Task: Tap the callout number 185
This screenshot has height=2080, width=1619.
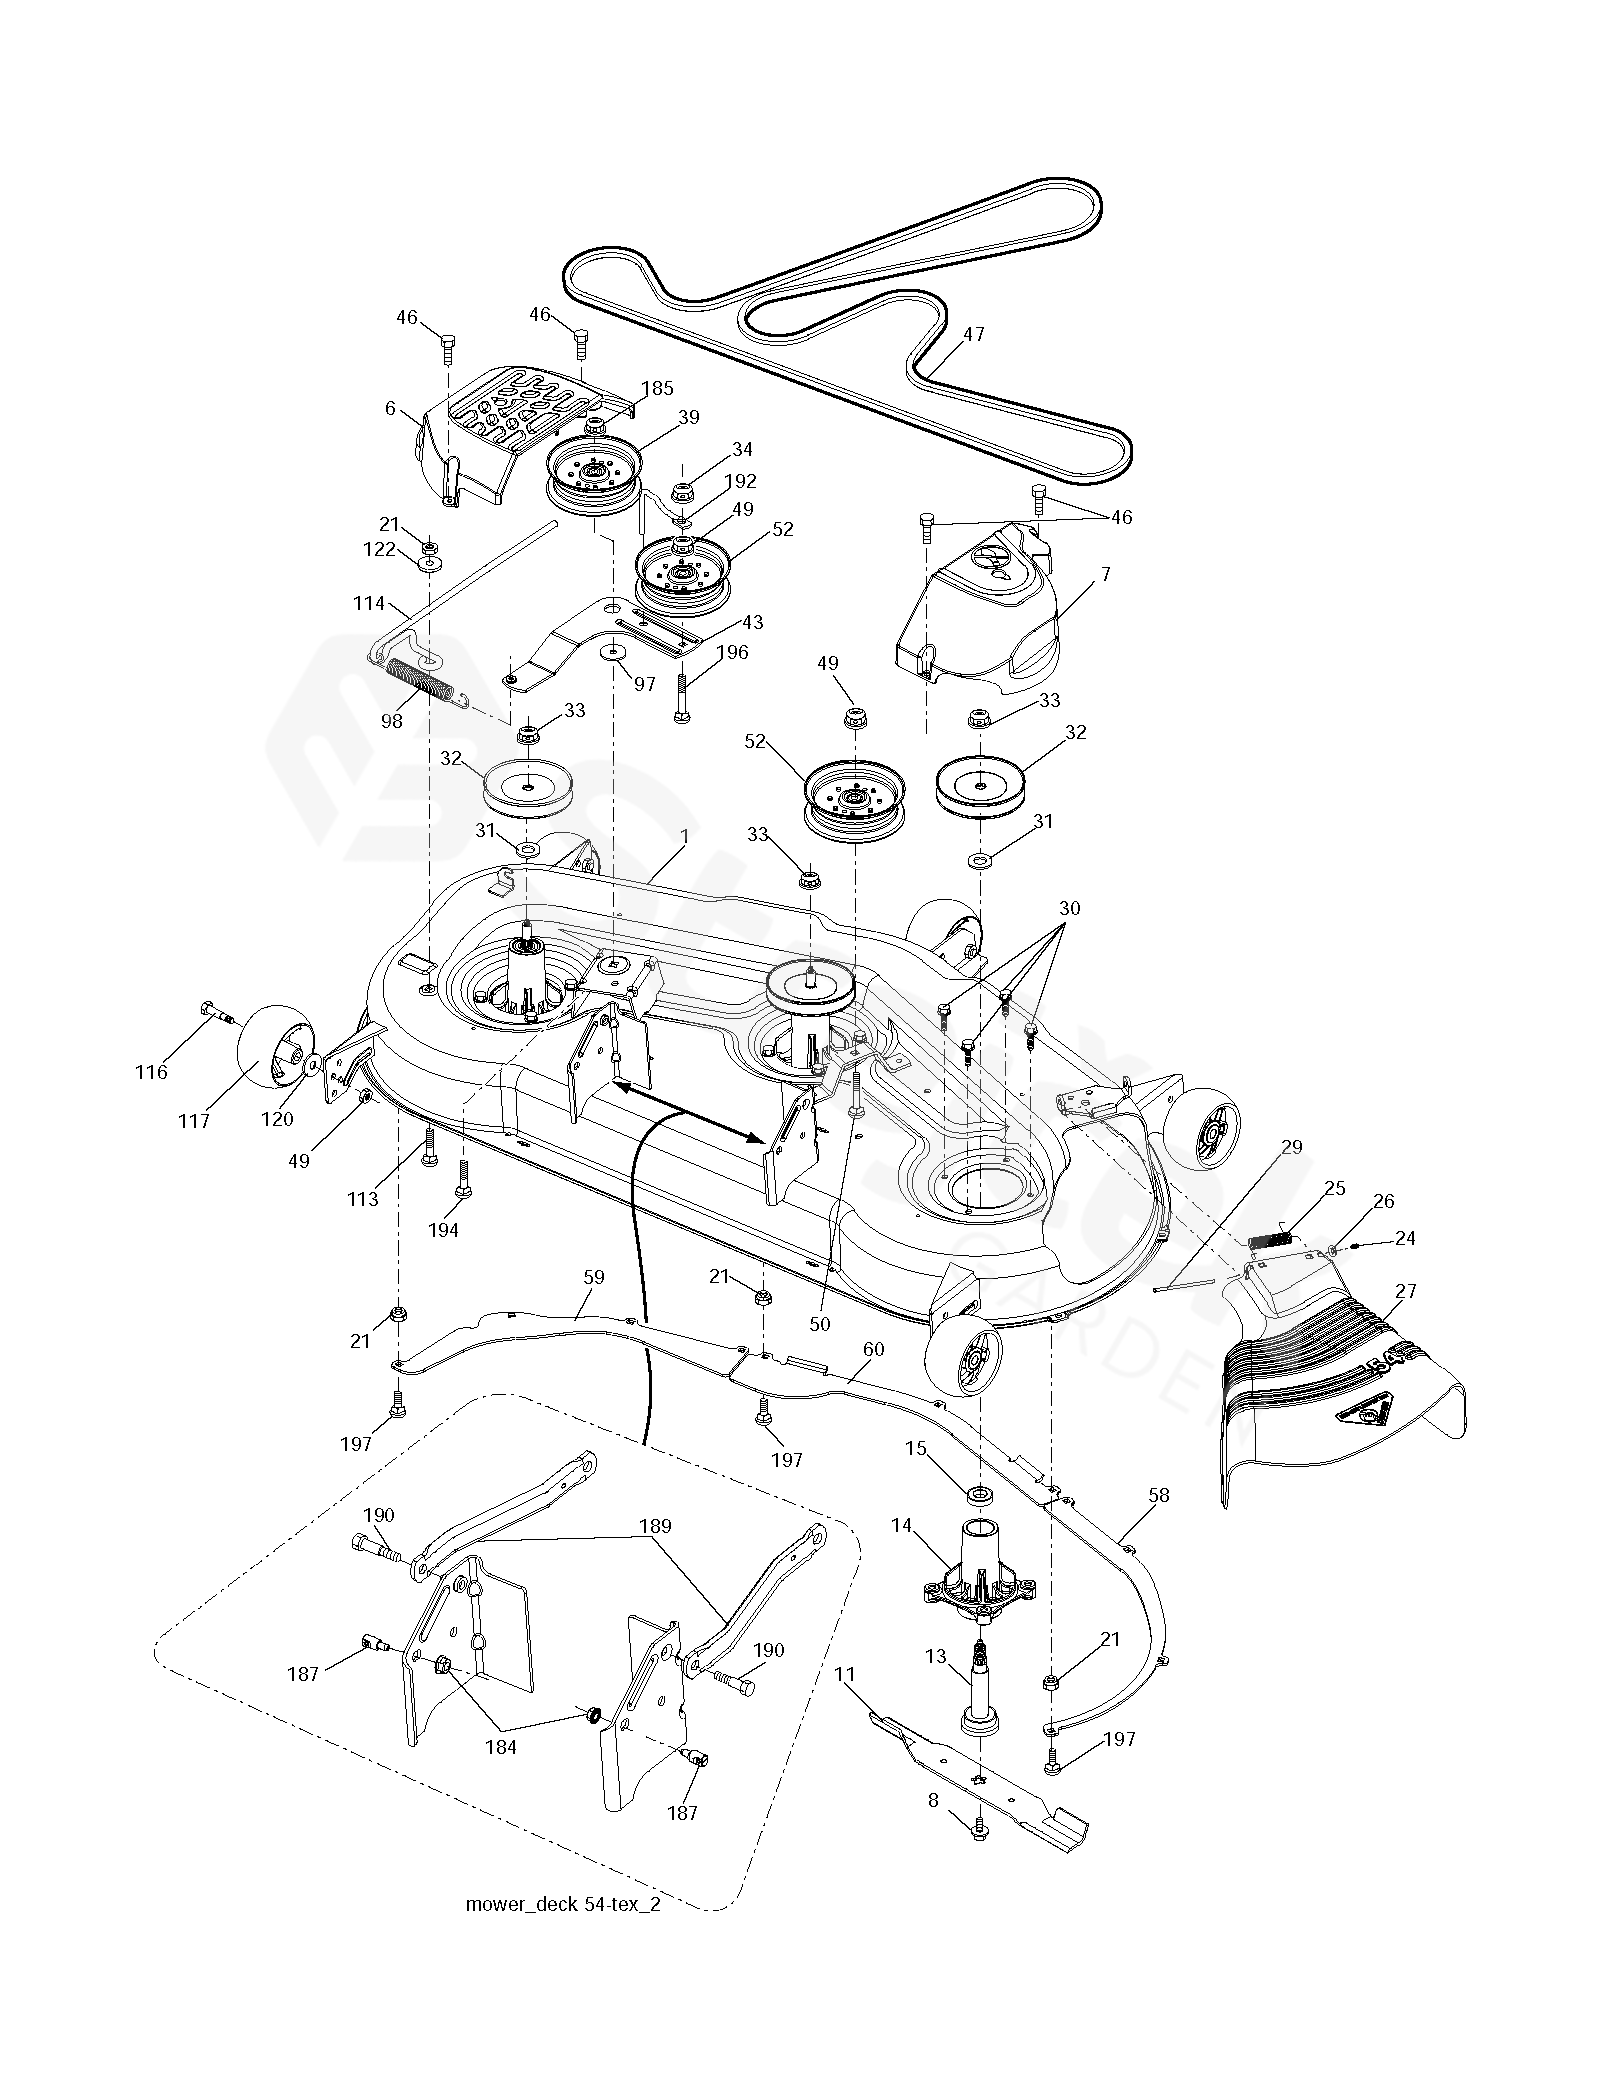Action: coord(658,388)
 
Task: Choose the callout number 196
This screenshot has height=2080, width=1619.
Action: coord(732,652)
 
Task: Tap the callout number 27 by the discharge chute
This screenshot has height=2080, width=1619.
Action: coord(1405,1291)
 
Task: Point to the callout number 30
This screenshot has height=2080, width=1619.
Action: coord(1069,908)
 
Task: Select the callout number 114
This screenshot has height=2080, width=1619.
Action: coord(370,604)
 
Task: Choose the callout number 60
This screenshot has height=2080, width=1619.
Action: coord(872,1349)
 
